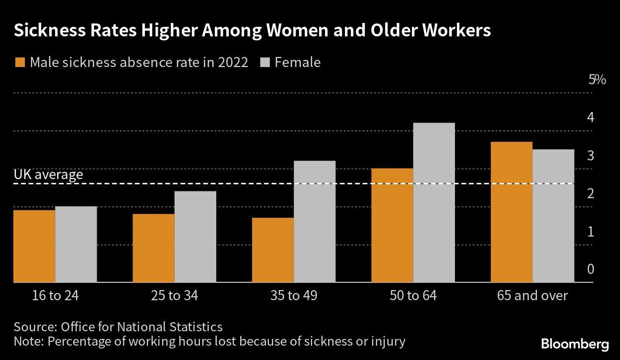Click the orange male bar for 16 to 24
(34, 246)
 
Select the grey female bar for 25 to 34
(195, 237)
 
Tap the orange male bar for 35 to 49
(273, 250)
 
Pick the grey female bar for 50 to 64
(434, 202)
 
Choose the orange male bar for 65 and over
(511, 212)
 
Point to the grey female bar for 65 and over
(554, 216)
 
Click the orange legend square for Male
(20, 63)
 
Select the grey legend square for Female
(265, 63)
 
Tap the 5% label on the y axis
(597, 79)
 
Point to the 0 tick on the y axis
(590, 269)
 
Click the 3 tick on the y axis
(590, 156)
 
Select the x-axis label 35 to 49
(293, 295)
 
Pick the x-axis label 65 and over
(532, 295)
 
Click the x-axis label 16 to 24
(55, 295)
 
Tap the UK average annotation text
(48, 175)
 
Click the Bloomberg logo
(575, 344)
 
